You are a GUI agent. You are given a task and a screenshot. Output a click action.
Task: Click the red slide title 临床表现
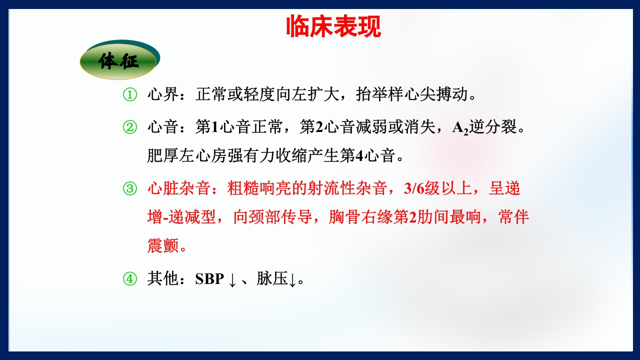[333, 26]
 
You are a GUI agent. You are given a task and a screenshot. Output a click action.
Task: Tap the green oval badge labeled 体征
[119, 61]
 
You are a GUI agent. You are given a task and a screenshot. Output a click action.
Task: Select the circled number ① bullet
[129, 95]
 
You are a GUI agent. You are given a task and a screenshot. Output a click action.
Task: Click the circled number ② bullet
[129, 127]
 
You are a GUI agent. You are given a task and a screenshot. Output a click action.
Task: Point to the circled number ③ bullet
[129, 188]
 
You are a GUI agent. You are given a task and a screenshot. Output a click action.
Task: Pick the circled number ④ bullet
[129, 279]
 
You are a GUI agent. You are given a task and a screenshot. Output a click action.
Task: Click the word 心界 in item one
[162, 95]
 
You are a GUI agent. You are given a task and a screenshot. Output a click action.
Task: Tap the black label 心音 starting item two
[162, 127]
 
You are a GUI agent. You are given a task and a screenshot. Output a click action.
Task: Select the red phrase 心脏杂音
[177, 188]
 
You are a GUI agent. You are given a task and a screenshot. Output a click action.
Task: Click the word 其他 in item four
[162, 279]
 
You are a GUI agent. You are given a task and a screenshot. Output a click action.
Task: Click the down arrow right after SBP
[232, 280]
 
